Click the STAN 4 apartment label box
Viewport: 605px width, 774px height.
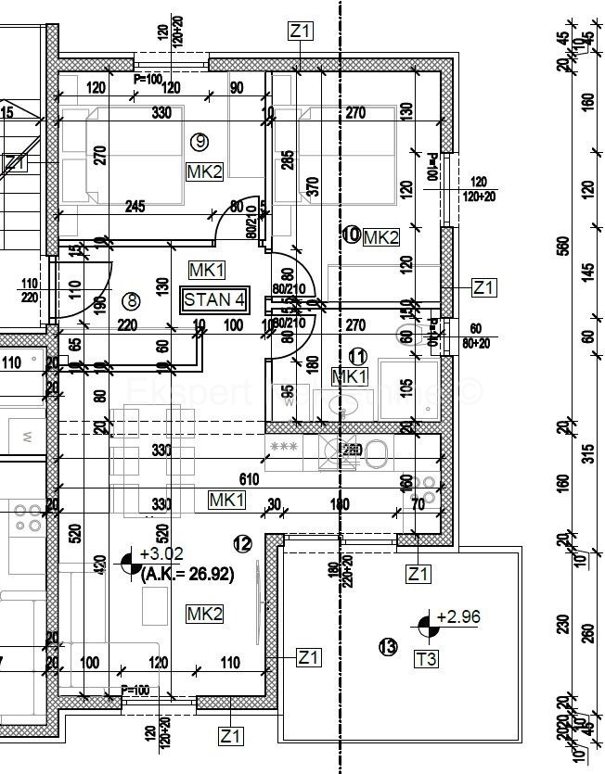coord(215,299)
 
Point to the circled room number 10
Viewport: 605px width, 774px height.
coord(352,235)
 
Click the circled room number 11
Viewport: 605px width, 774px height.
coord(357,355)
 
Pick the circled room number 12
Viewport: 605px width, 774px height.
coord(243,544)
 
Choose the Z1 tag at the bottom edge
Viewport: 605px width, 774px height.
coord(231,737)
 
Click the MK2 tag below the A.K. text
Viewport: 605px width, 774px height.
coord(204,614)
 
